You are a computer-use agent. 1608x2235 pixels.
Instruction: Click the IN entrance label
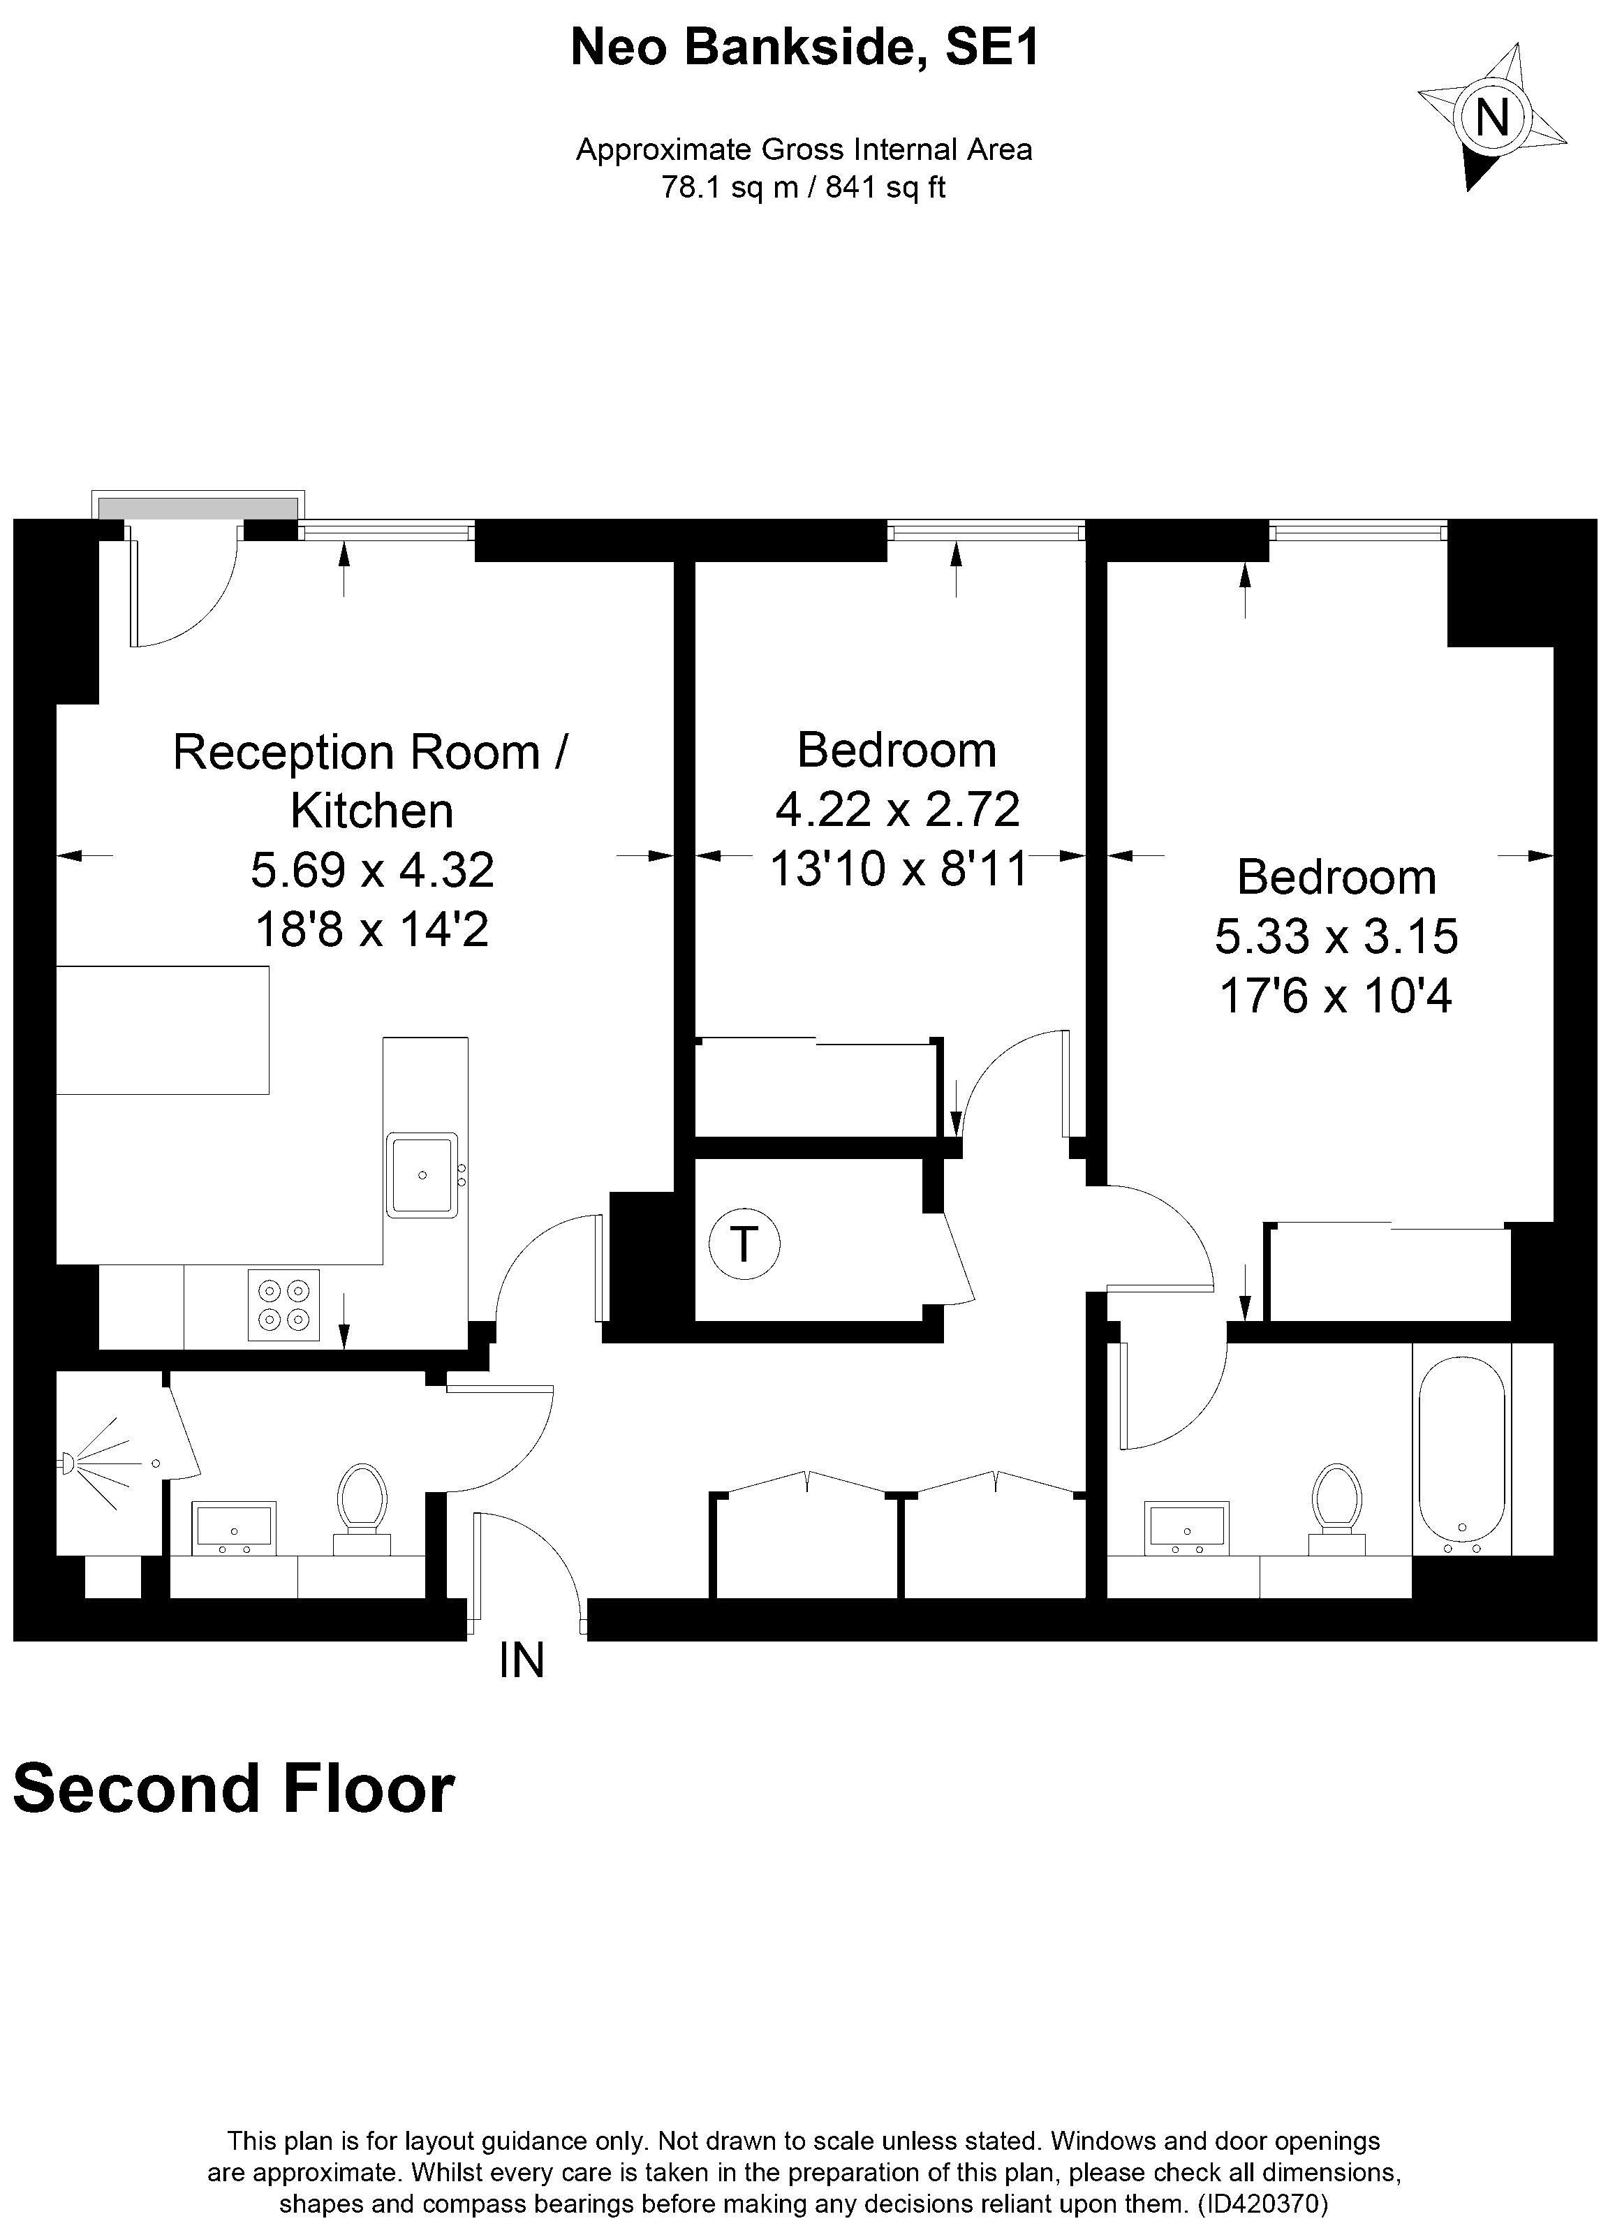[x=521, y=1662]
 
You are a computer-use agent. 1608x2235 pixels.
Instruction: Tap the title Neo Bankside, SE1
[x=804, y=47]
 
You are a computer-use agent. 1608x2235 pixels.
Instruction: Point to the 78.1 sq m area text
[x=727, y=187]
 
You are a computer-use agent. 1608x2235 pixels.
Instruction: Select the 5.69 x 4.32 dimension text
[x=371, y=869]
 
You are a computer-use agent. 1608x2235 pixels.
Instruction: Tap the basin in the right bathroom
[x=1187, y=1528]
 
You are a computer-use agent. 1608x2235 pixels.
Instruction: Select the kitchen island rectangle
[x=163, y=1030]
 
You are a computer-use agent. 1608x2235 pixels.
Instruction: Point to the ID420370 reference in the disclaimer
[x=1263, y=2202]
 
